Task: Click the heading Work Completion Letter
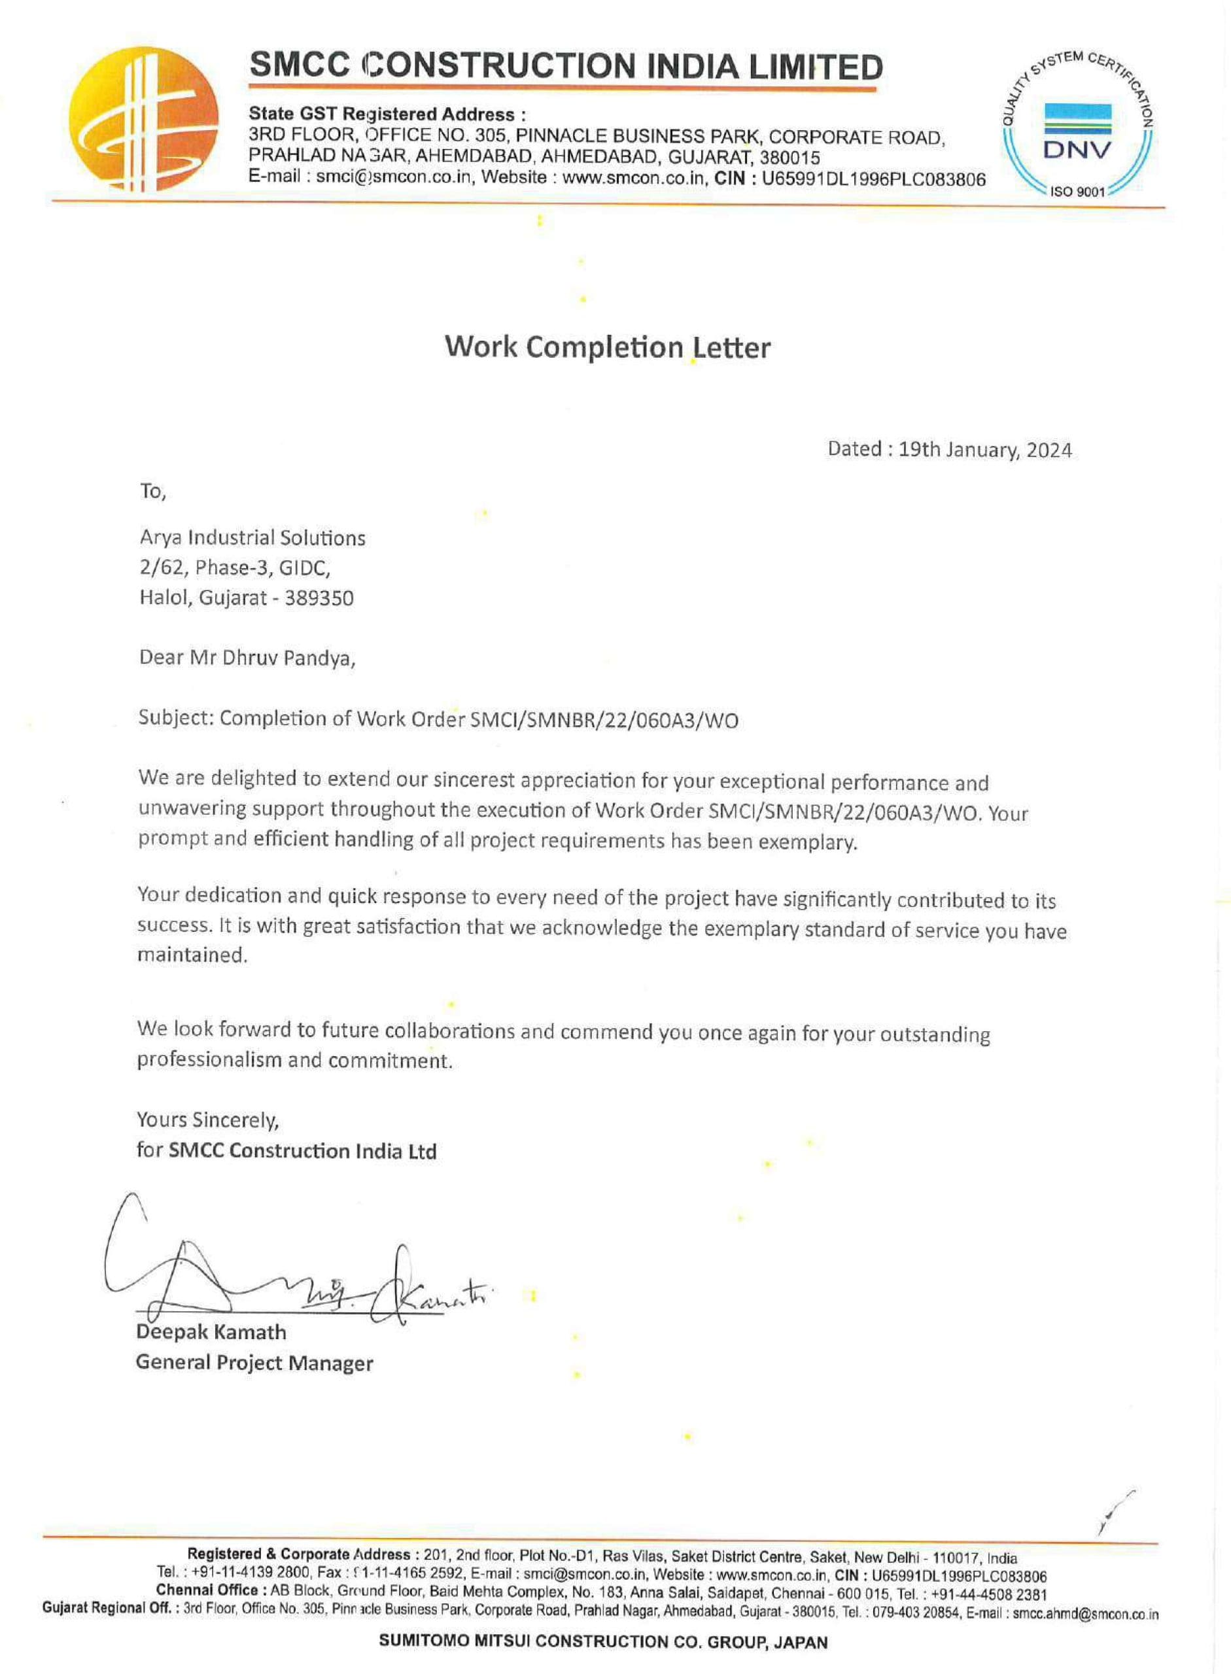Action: pos(607,348)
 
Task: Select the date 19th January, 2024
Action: pos(985,450)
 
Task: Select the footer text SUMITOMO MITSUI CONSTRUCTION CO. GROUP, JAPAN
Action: pos(603,1641)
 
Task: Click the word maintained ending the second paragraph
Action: pos(192,956)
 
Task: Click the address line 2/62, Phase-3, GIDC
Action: pos(235,568)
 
